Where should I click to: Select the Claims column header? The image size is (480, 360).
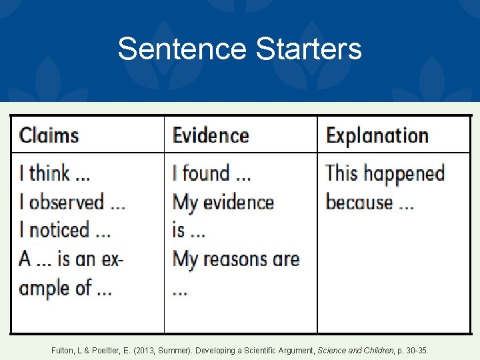click(x=49, y=135)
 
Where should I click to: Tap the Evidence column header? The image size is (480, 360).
click(x=211, y=135)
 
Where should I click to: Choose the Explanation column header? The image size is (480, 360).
click(x=377, y=135)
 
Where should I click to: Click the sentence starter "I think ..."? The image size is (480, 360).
click(x=55, y=173)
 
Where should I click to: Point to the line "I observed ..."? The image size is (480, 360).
click(x=72, y=202)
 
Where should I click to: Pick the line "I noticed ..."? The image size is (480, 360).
click(x=65, y=231)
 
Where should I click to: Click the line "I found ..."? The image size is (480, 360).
click(x=211, y=173)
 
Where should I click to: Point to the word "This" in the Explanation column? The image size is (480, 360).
click(x=341, y=173)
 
